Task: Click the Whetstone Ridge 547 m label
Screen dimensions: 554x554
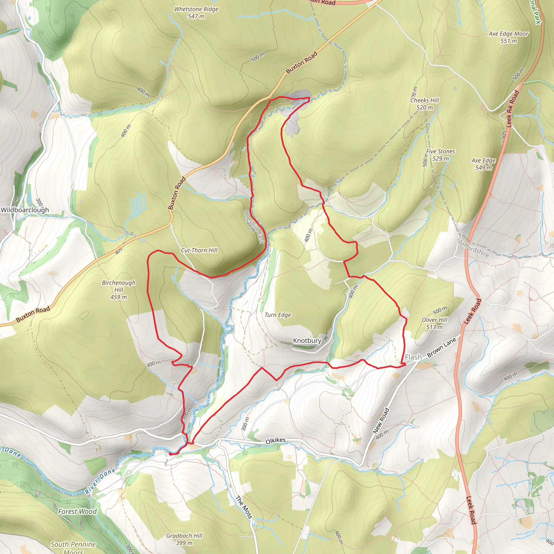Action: point(196,13)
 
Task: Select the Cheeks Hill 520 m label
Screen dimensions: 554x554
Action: point(425,104)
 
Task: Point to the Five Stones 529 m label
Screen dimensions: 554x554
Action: point(440,155)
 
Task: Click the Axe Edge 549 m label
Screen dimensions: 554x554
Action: point(483,164)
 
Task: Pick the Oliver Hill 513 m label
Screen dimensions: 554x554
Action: point(434,324)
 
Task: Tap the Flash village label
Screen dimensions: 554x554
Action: point(413,357)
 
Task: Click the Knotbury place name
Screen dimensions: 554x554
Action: point(307,341)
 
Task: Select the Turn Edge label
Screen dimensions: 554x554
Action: point(278,315)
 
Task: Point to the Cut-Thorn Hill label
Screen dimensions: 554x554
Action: point(199,250)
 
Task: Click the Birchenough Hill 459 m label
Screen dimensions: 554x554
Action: point(118,290)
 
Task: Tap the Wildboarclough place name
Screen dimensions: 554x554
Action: point(25,210)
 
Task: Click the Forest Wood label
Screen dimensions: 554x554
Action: point(77,512)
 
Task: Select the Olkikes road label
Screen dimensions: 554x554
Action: point(276,441)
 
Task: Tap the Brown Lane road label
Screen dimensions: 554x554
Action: point(441,348)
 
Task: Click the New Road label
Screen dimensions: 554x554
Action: point(381,420)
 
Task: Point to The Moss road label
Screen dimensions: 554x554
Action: point(244,507)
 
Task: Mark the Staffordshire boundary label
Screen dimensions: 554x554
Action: point(473,248)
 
